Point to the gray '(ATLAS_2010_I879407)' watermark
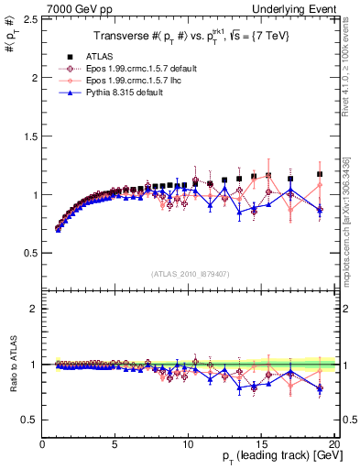point(190,273)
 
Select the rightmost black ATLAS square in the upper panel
point(320,174)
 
